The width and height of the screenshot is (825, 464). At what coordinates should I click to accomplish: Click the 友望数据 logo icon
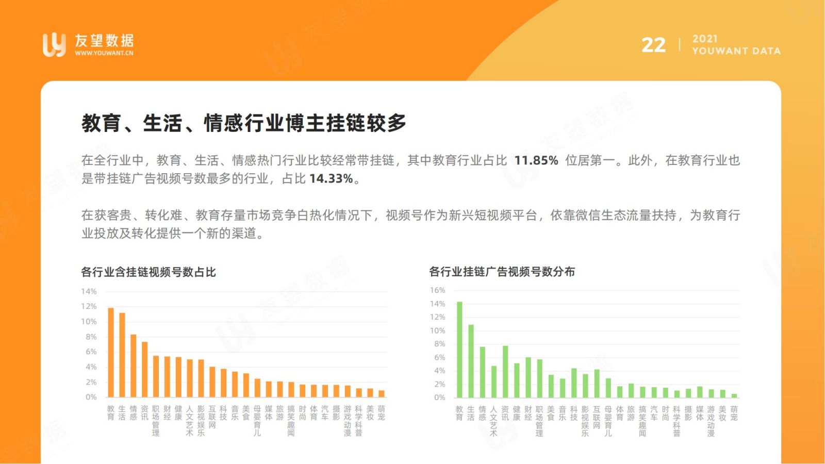tap(54, 45)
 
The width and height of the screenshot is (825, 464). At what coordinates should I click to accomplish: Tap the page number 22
tap(653, 45)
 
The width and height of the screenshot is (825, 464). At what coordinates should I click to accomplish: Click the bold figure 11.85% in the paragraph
tap(536, 160)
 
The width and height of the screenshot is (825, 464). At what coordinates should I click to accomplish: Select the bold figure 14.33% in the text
tap(331, 178)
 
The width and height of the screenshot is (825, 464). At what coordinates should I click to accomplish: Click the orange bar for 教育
tap(111, 353)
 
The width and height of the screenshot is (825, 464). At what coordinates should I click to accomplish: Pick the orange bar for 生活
tap(122, 355)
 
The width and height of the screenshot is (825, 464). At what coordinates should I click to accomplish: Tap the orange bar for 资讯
tap(145, 370)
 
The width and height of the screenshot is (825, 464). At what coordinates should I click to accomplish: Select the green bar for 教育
tap(459, 350)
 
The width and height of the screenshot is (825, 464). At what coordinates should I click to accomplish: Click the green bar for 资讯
tap(505, 372)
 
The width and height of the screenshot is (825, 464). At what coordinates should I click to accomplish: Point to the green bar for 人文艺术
tap(494, 382)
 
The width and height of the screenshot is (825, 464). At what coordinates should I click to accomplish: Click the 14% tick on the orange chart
tap(89, 292)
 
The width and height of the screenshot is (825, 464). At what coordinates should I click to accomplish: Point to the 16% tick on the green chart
tap(438, 290)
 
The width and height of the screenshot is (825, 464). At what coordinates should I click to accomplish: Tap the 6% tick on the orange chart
tap(91, 352)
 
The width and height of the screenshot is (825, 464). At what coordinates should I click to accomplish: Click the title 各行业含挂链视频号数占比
tap(148, 272)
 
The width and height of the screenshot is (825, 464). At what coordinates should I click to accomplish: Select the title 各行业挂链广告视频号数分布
tap(502, 272)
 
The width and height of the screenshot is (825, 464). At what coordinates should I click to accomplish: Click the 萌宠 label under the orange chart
tap(381, 413)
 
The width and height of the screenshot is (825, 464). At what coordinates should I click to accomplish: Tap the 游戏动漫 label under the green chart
tap(711, 421)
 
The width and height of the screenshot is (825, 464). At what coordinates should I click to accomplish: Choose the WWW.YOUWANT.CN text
tap(104, 53)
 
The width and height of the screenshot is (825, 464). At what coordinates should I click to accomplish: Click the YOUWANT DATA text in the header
tap(736, 51)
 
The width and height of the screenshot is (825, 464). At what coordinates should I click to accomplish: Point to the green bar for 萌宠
tap(734, 396)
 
